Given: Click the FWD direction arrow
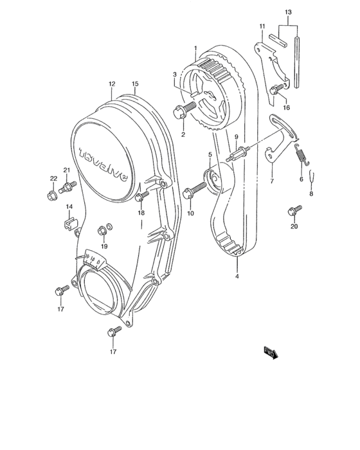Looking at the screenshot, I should (271, 352).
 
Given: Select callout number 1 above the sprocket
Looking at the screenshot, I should (196, 49).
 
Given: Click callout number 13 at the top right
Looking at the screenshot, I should (288, 12).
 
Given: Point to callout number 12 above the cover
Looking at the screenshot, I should (111, 84).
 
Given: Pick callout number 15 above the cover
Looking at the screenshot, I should (136, 84).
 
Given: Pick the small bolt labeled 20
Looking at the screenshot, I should (295, 210).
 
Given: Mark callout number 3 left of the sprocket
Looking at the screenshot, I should (174, 75).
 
